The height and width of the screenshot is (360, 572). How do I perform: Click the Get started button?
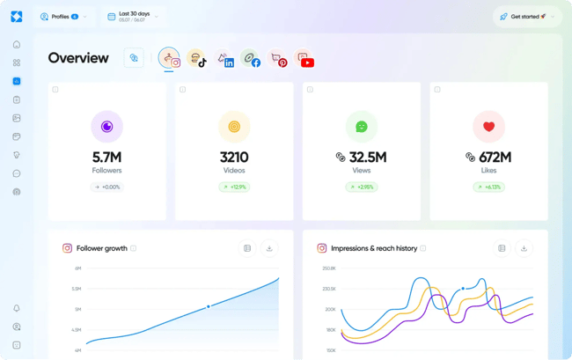point(524,16)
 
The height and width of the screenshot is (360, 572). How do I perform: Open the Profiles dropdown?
point(62,16)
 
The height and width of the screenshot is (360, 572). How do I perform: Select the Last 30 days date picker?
point(132,16)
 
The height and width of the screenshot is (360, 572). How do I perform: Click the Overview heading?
point(78,58)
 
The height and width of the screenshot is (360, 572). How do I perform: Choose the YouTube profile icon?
point(304,59)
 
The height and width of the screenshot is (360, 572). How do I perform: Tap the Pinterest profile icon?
point(278,59)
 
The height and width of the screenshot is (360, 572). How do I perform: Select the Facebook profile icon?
point(252,59)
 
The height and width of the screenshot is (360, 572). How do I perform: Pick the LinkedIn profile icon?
point(225,59)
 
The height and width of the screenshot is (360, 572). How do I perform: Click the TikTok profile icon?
point(197,59)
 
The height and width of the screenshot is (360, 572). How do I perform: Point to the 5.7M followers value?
point(106,158)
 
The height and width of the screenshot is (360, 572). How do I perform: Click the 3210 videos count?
point(234,158)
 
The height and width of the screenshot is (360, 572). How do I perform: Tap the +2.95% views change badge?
point(361,187)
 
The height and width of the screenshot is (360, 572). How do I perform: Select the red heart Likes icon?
point(488,127)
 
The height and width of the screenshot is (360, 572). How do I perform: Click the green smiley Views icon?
point(361,127)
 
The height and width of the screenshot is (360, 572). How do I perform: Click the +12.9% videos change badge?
point(234,187)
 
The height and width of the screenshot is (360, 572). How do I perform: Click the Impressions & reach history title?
point(373,248)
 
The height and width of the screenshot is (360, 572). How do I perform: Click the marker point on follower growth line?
point(209,306)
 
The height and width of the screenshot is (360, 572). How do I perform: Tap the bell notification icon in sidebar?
point(17,309)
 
